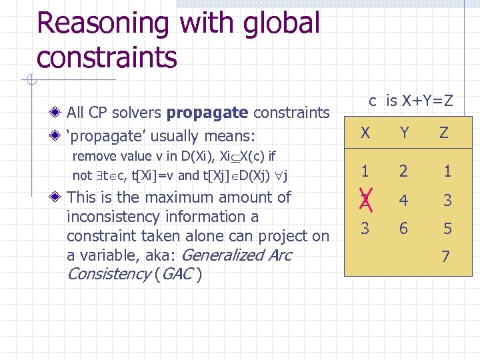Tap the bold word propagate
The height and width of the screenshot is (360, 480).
pos(207,113)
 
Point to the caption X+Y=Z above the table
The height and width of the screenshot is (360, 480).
pos(419,101)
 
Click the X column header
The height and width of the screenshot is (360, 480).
pos(365,133)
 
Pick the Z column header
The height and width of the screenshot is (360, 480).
pos(444,133)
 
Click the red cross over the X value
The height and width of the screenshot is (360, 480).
pos(365,199)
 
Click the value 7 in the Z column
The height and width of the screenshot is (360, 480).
pos(446,256)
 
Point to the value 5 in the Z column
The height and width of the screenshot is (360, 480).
pos(447,229)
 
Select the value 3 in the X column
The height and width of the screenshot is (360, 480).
pos(365,228)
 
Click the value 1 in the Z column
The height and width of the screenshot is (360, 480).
pos(447,171)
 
